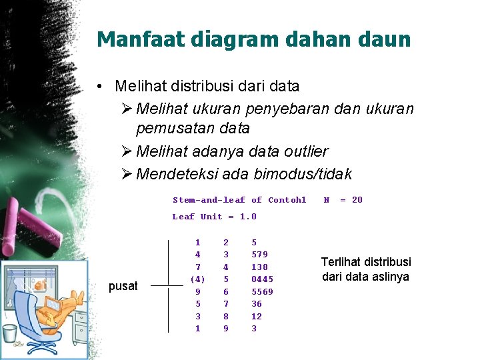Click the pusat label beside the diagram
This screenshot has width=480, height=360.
pos(123,286)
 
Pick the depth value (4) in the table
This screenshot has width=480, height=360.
pos(198,279)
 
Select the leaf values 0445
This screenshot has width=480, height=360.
pos(262,279)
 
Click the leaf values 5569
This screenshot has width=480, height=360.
pos(262,291)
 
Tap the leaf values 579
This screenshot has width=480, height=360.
pos(259,255)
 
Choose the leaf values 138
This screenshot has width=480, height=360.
pos(259,267)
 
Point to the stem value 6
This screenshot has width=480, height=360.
pos(226,291)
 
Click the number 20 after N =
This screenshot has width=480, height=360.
pos(357,200)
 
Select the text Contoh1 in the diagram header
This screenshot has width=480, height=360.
pos(287,200)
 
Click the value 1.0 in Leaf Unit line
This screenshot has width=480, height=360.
pos(248,217)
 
